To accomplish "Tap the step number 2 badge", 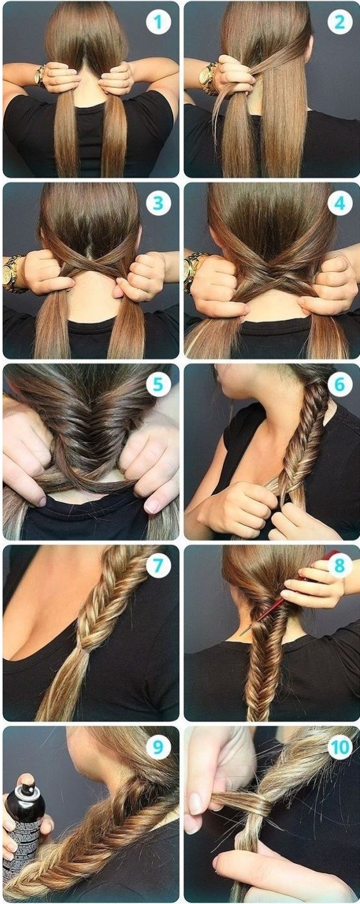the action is tap(340, 22).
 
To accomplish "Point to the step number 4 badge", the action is tap(340, 203).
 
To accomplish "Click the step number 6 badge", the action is tap(340, 384).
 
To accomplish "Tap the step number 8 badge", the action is tap(340, 566).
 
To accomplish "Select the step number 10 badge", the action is tap(340, 747).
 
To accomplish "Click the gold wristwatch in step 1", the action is tap(40, 76).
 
